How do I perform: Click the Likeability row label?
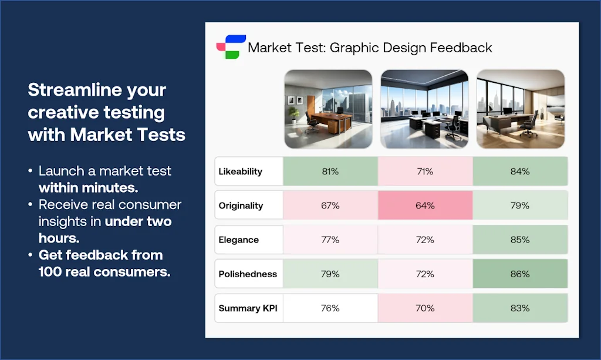pyautogui.click(x=241, y=171)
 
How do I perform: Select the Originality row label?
pyautogui.click(x=241, y=206)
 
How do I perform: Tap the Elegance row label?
pyautogui.click(x=238, y=240)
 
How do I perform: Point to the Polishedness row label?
pyautogui.click(x=248, y=274)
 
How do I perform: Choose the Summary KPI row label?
pyautogui.click(x=248, y=308)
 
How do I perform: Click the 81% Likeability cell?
pyautogui.click(x=330, y=171)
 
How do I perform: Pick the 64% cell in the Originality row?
pyautogui.click(x=425, y=206)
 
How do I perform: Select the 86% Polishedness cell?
pyautogui.click(x=520, y=274)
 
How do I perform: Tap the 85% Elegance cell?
pyautogui.click(x=520, y=240)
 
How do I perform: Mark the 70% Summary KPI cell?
pyautogui.click(x=425, y=308)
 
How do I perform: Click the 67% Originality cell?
pyautogui.click(x=330, y=206)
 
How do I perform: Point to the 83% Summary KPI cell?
pyautogui.click(x=520, y=308)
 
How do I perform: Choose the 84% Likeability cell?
pyautogui.click(x=520, y=171)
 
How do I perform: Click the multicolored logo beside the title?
pyautogui.click(x=231, y=47)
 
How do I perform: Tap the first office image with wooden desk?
pyautogui.click(x=328, y=109)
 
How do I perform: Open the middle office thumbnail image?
pyautogui.click(x=424, y=109)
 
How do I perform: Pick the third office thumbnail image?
pyautogui.click(x=520, y=109)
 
